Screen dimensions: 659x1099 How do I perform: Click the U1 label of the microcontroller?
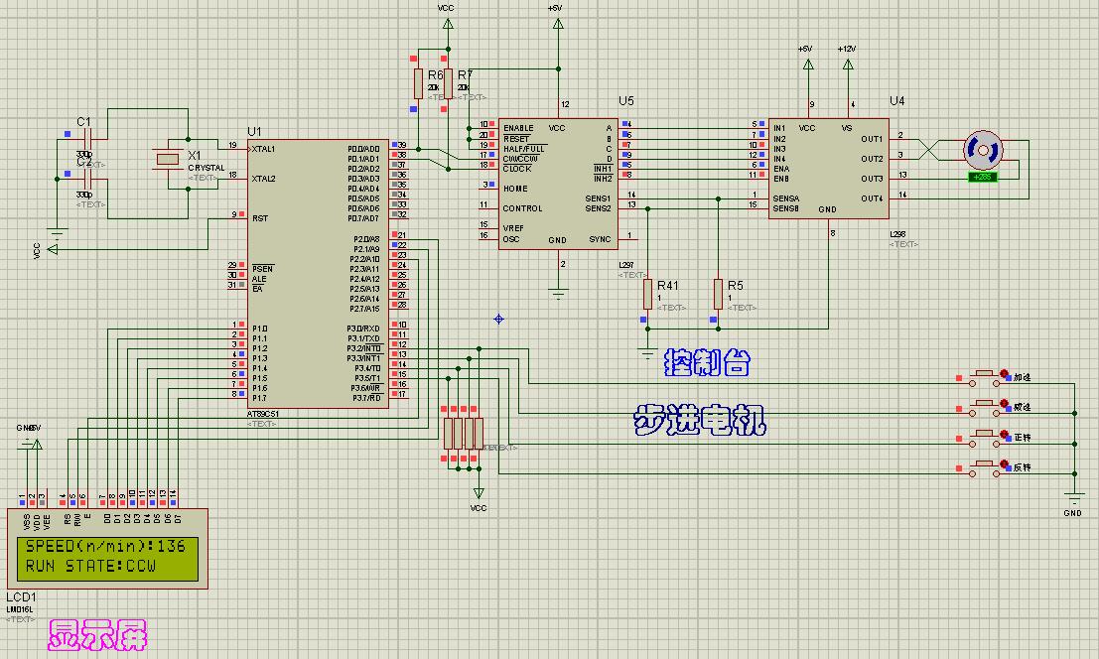(254, 132)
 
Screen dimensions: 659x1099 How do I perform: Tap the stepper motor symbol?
(982, 150)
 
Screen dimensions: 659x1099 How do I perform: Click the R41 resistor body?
(647, 295)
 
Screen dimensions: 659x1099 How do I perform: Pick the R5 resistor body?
(717, 295)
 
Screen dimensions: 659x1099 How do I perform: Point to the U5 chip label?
(625, 101)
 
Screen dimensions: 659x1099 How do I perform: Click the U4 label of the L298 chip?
(897, 101)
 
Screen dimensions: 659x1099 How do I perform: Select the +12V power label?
(847, 49)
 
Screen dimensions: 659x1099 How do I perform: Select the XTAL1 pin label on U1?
(264, 149)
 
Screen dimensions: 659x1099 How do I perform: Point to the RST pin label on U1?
(259, 218)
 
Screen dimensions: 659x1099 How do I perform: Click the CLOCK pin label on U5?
(517, 169)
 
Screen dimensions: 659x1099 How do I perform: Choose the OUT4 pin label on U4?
(872, 198)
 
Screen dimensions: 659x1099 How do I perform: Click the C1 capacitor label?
(83, 121)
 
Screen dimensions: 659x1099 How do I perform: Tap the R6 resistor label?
(435, 75)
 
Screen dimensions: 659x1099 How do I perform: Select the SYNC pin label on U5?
(601, 239)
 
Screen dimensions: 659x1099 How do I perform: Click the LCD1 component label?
(20, 599)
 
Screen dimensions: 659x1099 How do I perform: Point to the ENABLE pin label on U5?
(518, 128)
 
